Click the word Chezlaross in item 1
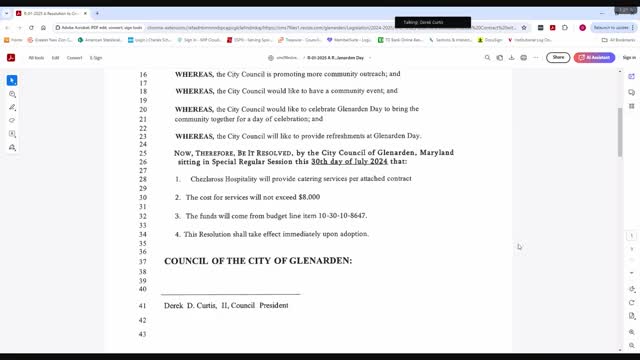pyautogui.click(x=206, y=178)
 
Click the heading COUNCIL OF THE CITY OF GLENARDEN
pyautogui.click(x=258, y=260)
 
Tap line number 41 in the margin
pyautogui.click(x=142, y=305)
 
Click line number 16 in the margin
pyautogui.click(x=142, y=74)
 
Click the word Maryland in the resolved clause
pyautogui.click(x=432, y=152)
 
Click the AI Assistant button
pyautogui.click(x=596, y=57)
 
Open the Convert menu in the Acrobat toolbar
pyautogui.click(x=73, y=58)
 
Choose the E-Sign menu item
pyautogui.click(x=96, y=58)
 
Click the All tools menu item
pyautogui.click(x=36, y=58)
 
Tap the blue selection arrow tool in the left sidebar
pyautogui.click(x=12, y=80)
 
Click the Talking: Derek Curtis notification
pyautogui.click(x=432, y=22)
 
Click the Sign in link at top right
pyautogui.click(x=629, y=58)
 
